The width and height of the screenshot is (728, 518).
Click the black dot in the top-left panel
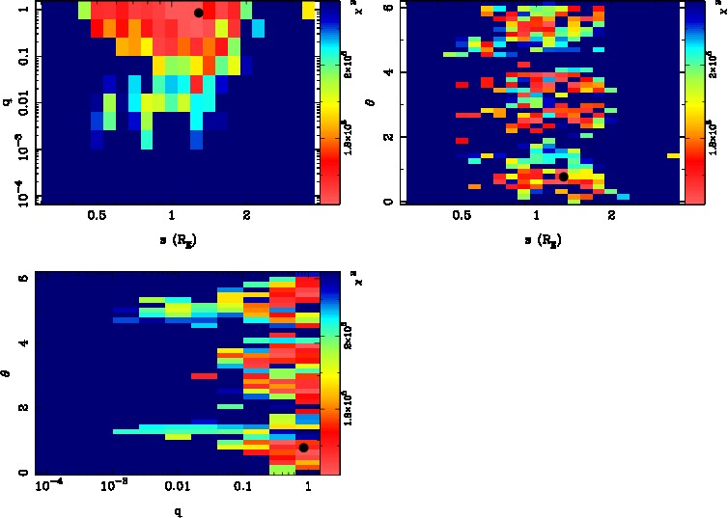pyautogui.click(x=198, y=13)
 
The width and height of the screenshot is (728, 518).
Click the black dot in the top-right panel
pyautogui.click(x=563, y=177)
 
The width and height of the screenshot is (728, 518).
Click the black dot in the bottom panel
pyautogui.click(x=303, y=447)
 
